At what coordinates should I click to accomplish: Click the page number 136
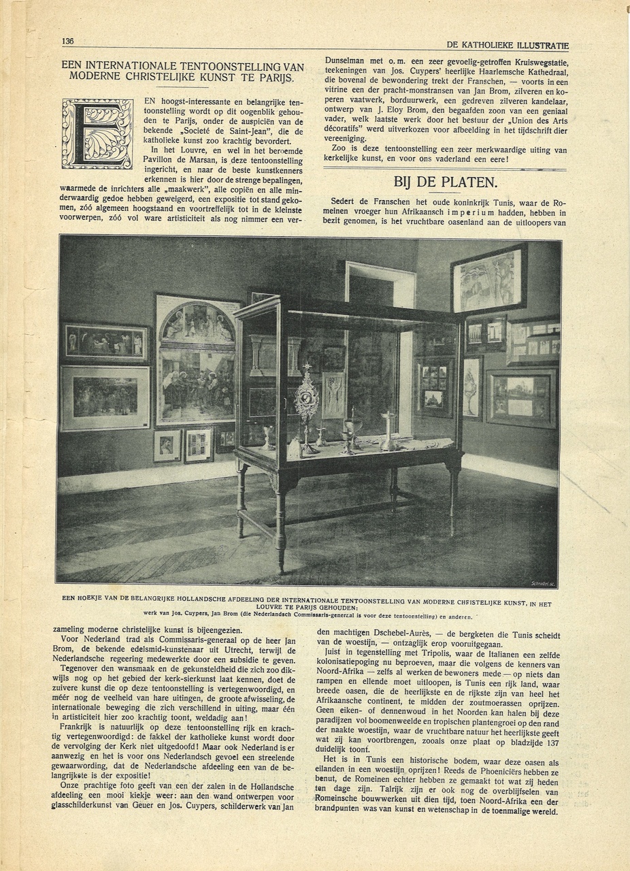coord(68,41)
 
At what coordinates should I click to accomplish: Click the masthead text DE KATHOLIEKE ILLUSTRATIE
coord(508,46)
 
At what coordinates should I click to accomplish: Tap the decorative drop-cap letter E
coord(97,133)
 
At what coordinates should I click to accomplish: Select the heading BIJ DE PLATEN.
coord(445,182)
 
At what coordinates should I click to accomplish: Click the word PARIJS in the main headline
coord(276,77)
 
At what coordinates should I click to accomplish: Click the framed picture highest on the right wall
coord(488,279)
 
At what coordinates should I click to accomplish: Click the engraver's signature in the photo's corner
coord(543,583)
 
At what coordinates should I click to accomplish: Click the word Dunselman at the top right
coord(348,60)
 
